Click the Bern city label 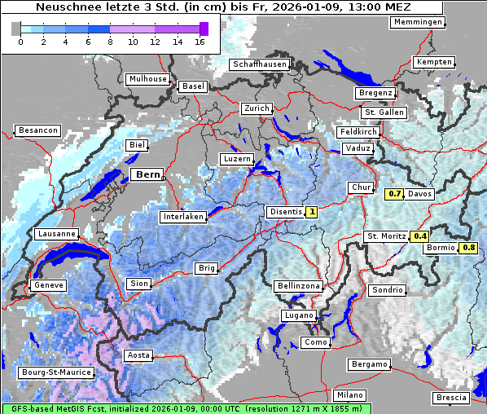148,174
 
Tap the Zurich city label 257,108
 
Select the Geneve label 47,285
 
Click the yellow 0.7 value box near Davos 394,194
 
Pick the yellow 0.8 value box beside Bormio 468,248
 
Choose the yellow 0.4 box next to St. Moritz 419,236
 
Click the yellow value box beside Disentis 311,212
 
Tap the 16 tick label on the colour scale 200,42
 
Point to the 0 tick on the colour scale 20,42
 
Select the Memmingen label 418,22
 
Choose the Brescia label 451,397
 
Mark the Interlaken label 182,217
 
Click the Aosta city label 138,355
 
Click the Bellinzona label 298,286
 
